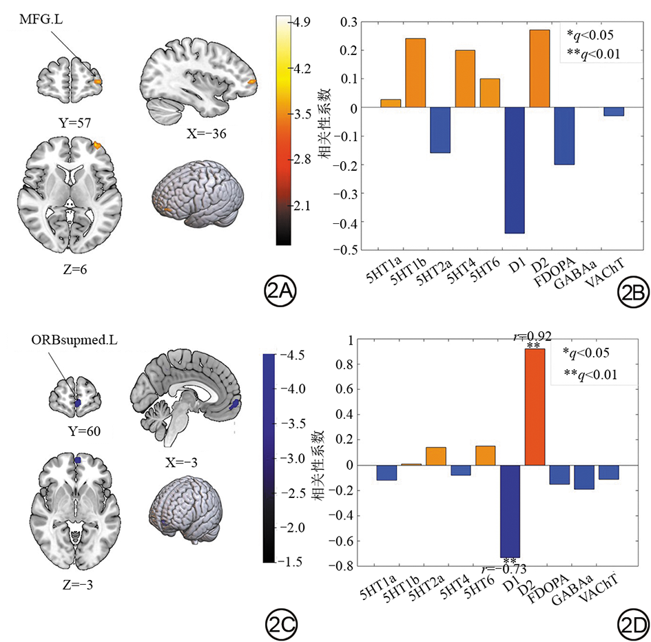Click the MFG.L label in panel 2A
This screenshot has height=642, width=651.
41,19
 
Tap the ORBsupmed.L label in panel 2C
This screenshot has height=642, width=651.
74,340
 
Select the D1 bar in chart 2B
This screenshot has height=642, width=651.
515,170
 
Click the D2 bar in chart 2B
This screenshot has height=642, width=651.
539,68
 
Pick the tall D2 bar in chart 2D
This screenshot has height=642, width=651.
535,407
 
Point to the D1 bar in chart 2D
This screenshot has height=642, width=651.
510,511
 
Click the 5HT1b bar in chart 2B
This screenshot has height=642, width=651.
415,72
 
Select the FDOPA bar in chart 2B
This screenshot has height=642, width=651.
565,136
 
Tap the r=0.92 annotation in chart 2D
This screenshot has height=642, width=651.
533,336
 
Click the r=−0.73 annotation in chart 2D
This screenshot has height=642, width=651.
504,568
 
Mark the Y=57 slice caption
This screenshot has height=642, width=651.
74,123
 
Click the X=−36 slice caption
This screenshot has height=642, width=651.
207,134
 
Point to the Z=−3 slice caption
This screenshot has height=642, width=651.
78,585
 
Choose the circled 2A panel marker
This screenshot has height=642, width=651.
280,293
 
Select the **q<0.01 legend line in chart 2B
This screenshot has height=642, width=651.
593,54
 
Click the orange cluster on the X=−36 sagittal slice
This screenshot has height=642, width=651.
251,82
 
